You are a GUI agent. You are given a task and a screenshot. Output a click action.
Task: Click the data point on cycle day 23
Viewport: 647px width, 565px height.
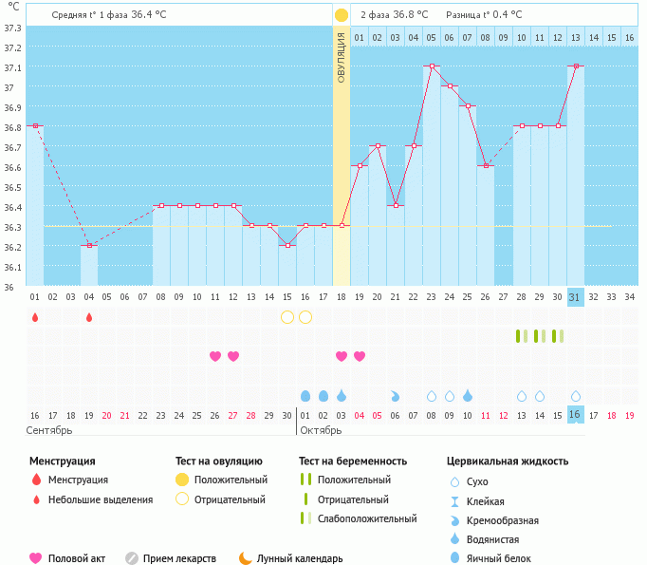pyautogui.click(x=432, y=66)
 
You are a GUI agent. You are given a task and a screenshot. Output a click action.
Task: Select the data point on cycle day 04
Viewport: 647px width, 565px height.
pyautogui.click(x=88, y=245)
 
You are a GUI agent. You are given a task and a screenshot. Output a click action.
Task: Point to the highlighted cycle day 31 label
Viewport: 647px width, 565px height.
pyautogui.click(x=575, y=296)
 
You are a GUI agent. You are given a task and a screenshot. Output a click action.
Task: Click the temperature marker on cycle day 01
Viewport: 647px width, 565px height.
pyautogui.click(x=35, y=125)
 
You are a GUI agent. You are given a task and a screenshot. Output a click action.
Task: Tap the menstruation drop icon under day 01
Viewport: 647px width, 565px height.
pyautogui.click(x=35, y=317)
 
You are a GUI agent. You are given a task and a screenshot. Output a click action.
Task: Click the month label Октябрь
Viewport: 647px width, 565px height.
pyautogui.click(x=322, y=430)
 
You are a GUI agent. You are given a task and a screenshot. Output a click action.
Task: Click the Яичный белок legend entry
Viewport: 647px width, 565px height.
pyautogui.click(x=500, y=558)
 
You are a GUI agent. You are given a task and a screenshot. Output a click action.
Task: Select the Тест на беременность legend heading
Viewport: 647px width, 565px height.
pyautogui.click(x=353, y=461)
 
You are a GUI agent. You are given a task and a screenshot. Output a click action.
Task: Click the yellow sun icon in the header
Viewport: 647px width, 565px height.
pyautogui.click(x=342, y=15)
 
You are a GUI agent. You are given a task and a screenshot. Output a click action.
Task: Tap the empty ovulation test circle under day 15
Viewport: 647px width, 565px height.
pyautogui.click(x=287, y=316)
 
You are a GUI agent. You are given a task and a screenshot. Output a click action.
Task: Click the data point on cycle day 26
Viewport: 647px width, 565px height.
pyautogui.click(x=486, y=165)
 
